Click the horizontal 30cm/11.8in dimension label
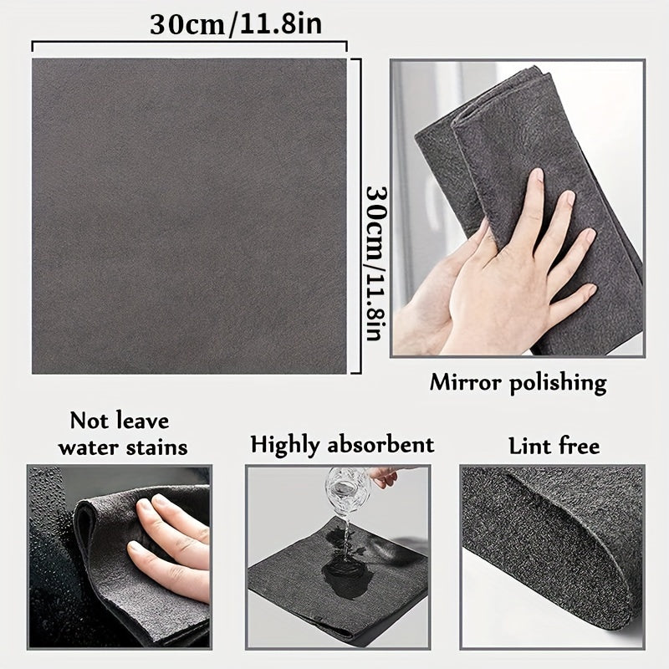pos(236,23)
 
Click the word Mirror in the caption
pos(465,383)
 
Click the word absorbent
pos(384,444)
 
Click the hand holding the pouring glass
pos(385,477)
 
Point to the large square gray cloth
pos(189,216)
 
